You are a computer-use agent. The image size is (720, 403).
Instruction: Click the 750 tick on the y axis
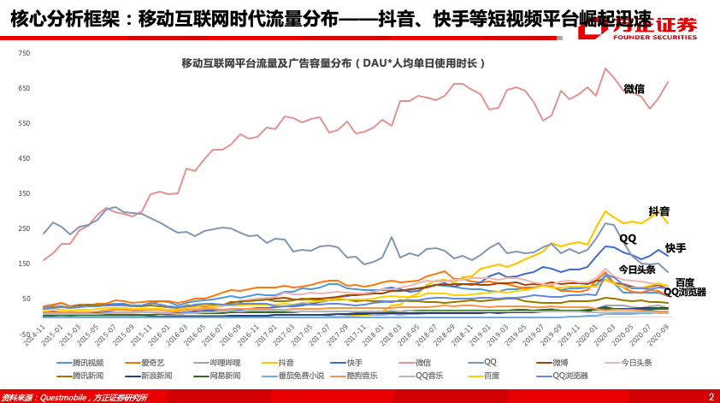[24, 53]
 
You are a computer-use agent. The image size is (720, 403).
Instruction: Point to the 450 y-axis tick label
[24, 158]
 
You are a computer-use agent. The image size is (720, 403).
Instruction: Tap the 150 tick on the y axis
[24, 264]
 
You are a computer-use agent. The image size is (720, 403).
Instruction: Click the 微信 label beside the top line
[634, 89]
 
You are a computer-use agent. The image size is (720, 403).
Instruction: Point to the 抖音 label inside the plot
[658, 211]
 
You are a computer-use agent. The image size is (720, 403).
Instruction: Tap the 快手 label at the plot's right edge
[676, 248]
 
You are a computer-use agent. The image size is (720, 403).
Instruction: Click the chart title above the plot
[333, 63]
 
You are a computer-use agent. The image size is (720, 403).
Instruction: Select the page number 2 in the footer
[711, 396]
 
